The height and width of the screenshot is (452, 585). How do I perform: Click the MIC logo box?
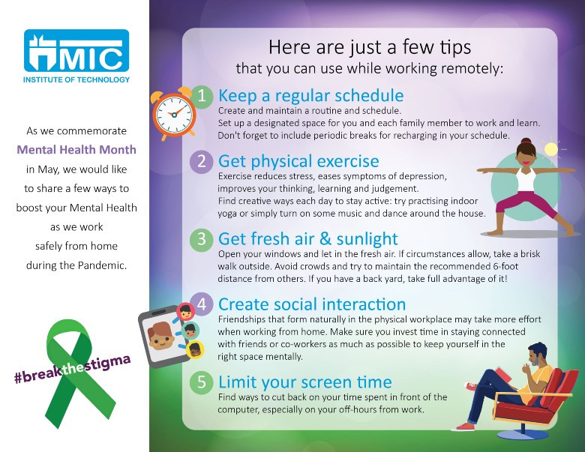76,51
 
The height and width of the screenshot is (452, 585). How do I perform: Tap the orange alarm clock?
173,113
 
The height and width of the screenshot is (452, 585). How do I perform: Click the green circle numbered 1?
202,96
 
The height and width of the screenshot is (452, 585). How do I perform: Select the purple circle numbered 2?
202,162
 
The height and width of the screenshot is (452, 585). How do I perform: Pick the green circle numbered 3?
202,239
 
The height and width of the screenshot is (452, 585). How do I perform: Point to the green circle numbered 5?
202,382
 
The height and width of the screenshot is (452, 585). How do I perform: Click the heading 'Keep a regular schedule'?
310,96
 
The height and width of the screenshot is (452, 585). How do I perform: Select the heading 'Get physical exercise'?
298,162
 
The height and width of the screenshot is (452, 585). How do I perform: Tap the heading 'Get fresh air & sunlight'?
308,239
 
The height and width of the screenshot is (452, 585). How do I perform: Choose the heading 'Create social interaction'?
312,304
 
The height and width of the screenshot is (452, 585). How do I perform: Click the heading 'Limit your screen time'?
305,382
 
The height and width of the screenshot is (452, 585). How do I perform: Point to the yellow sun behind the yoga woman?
550,150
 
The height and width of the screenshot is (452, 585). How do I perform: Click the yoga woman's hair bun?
526,142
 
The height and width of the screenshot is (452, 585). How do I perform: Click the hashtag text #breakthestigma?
73,370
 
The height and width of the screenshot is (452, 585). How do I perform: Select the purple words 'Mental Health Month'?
76,150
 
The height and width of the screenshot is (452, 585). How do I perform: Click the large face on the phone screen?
160,336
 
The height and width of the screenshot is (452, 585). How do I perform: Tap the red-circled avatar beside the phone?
185,311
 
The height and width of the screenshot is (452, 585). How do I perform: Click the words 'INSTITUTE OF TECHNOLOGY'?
76,79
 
